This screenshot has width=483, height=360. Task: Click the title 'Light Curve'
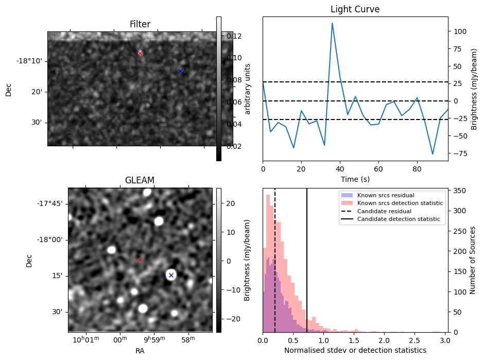(355, 9)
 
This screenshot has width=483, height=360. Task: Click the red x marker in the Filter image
(140, 53)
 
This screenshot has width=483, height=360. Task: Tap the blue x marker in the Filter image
(180, 71)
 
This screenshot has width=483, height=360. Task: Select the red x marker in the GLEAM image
(140, 260)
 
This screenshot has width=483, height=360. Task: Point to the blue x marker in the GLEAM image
(171, 275)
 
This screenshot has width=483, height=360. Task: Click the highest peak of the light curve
(332, 23)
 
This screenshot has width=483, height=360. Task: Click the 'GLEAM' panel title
(140, 180)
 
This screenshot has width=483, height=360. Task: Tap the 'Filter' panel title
(140, 24)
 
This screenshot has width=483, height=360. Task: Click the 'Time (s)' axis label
(355, 179)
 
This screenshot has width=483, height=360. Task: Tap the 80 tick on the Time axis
(417, 168)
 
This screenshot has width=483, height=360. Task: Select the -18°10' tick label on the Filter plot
(29, 61)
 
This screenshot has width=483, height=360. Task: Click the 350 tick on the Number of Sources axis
(458, 191)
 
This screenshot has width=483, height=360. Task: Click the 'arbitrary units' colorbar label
(247, 89)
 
